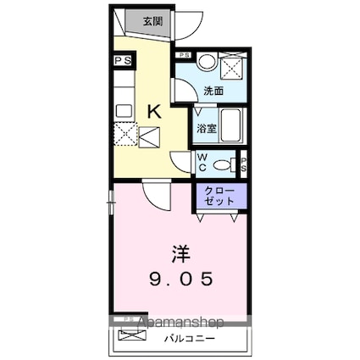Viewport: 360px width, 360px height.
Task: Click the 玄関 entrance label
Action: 152,21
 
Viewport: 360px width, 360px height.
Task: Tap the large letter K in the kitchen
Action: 154,110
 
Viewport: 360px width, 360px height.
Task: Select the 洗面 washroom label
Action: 213,91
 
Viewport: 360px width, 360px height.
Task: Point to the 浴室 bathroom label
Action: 207,129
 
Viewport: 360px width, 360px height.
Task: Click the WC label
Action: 204,161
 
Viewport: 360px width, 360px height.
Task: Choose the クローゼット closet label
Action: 219,197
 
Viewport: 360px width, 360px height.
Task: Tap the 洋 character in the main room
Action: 180,253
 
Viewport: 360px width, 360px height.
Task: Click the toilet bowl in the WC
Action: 224,164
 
